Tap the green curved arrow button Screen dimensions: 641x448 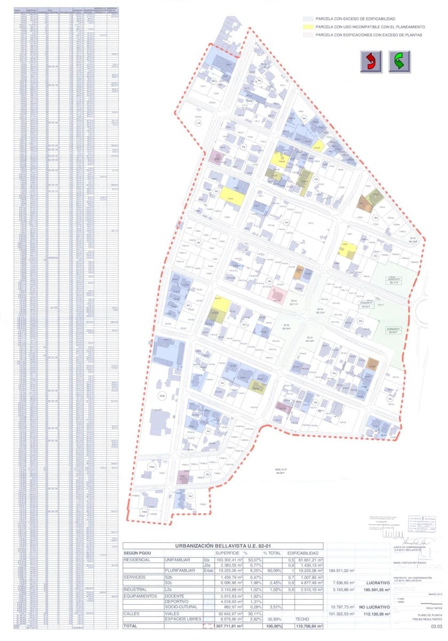pyautogui.click(x=399, y=61)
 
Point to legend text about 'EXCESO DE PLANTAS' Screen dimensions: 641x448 pyautogui.click(x=368, y=35)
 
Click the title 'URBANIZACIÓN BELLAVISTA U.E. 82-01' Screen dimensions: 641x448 pyautogui.click(x=222, y=545)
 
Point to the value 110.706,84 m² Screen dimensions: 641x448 pyautogui.click(x=305, y=626)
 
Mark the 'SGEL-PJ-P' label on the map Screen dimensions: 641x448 pyautogui.click(x=282, y=471)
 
